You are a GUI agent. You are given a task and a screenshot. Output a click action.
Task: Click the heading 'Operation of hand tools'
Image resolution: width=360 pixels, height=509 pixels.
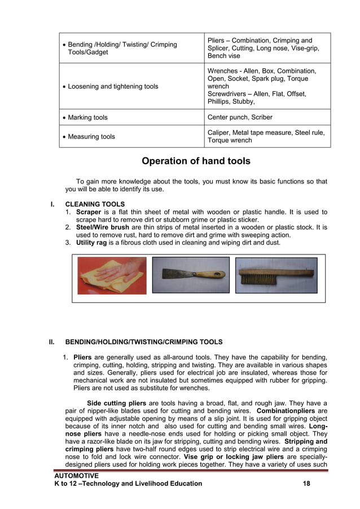(196, 161)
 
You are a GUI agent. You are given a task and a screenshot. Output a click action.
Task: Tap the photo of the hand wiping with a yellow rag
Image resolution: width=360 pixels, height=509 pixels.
(112, 275)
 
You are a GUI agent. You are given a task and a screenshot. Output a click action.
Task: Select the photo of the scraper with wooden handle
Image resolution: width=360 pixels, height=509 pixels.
(191, 275)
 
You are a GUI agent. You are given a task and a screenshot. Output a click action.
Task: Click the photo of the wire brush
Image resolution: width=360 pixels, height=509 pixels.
(276, 275)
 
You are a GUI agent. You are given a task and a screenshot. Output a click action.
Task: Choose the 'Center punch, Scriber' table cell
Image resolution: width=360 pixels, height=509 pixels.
(240, 117)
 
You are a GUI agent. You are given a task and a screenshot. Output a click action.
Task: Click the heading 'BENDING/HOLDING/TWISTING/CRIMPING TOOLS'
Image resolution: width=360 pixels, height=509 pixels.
(144, 342)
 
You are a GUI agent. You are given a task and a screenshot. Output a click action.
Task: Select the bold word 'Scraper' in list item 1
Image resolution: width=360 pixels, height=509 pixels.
(89, 212)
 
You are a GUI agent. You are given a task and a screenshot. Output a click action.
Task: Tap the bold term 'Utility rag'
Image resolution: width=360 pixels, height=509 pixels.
(93, 243)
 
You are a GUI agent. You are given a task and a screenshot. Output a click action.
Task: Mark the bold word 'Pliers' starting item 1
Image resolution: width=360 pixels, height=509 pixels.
(82, 357)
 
